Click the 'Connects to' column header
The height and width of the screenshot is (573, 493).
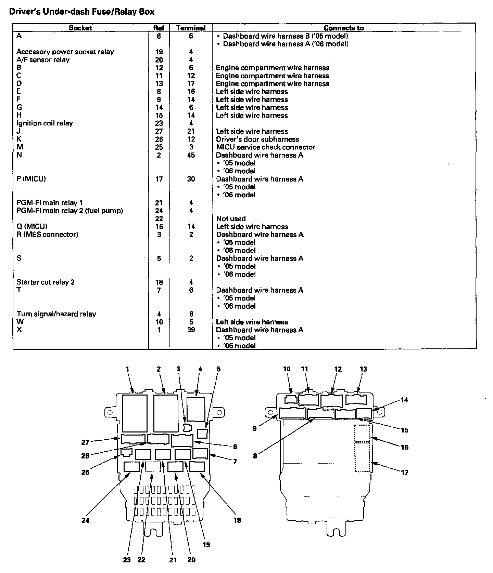coord(344,28)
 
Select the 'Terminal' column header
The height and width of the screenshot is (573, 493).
coord(191,28)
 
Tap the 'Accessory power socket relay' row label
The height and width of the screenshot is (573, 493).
coord(65,52)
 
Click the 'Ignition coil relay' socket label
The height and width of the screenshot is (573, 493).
coord(45,123)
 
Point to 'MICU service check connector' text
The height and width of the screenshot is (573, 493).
coord(266,147)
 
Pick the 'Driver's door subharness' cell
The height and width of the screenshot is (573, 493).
coord(257,139)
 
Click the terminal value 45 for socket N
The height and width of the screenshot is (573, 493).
coord(191,155)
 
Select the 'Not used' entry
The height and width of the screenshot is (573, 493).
coord(231,218)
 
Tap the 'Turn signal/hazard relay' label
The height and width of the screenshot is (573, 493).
coord(56,314)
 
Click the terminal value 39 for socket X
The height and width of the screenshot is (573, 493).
coord(191,330)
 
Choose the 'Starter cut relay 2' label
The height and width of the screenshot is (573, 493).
coord(46,282)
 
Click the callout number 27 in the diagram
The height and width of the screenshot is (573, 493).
coord(85,442)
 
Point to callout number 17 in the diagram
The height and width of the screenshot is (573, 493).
coord(405,472)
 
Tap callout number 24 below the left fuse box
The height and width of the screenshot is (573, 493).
coord(85,520)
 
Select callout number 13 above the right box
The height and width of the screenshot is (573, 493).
coord(363,369)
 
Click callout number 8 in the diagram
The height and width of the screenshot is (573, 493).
coord(255,456)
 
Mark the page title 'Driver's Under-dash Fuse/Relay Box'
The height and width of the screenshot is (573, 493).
coord(81,12)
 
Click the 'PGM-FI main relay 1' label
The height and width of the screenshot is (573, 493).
coord(50,203)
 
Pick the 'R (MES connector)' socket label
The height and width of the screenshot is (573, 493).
coord(47,235)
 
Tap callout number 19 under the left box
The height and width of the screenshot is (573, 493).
coord(206,545)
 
